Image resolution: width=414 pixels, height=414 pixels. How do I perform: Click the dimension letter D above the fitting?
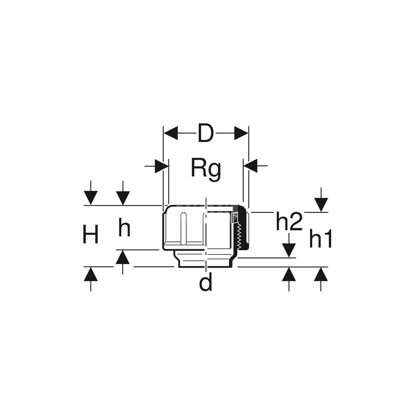pyautogui.click(x=205, y=134)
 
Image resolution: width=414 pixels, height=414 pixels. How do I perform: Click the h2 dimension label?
pyautogui.click(x=289, y=223)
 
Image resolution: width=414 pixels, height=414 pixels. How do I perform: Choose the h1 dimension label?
pyautogui.click(x=321, y=240)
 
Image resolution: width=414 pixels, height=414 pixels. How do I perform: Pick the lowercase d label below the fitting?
pyautogui.click(x=205, y=283)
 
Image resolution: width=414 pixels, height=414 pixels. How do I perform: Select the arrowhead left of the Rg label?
pyautogui.click(x=161, y=166)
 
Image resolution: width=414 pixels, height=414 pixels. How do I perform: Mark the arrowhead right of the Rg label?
pyautogui.click(x=250, y=166)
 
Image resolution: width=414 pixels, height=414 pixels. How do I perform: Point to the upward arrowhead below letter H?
pyautogui.click(x=91, y=274)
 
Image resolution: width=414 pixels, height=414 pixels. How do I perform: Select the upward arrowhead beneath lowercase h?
pyautogui.click(x=123, y=258)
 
